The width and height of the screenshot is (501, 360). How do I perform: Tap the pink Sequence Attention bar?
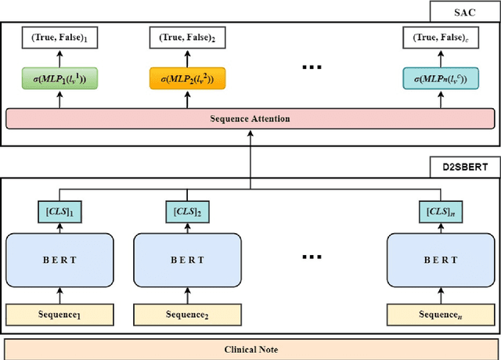250,119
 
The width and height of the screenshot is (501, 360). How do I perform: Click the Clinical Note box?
250,349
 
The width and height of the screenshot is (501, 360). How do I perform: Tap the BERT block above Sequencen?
441,260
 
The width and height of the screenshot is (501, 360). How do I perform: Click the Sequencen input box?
441,315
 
